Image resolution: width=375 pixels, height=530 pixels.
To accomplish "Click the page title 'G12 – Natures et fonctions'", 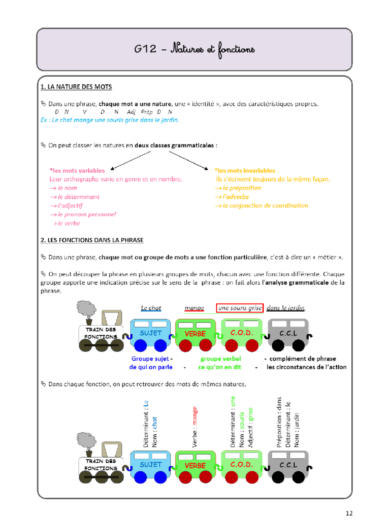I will [194, 49].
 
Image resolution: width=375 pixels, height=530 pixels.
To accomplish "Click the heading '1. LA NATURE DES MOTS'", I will [76, 87].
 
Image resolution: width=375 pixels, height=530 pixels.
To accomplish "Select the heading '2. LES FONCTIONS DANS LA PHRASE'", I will [92, 240].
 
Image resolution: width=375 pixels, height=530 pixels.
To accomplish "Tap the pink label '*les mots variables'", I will [77, 170].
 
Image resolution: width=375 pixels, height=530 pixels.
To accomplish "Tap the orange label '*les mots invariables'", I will [245, 170].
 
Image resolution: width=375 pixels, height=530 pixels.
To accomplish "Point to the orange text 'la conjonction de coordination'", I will [265, 205].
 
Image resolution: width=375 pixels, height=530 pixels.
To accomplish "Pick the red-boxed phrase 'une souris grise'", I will [240, 308].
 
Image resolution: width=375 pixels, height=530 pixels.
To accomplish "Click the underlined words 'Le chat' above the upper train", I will [151, 308].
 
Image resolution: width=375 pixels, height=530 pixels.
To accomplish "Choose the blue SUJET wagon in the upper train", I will [151, 333].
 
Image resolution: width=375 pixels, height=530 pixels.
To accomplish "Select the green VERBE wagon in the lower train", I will [195, 465].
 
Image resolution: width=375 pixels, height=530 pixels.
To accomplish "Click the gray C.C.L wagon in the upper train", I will [288, 333].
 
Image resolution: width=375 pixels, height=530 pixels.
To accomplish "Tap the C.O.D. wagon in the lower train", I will [242, 465].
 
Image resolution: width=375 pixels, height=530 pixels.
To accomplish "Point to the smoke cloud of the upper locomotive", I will [86, 308].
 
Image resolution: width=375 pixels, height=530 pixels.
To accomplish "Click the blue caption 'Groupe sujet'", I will [150, 359].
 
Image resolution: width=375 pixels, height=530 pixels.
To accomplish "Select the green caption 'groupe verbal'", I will [221, 359].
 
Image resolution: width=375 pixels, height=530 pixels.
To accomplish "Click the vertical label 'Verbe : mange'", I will [195, 427].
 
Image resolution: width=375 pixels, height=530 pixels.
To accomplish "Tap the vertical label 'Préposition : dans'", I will [279, 422].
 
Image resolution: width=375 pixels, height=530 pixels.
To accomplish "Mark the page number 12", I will [349, 513].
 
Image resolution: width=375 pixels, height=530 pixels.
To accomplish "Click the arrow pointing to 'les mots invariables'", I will [188, 160].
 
